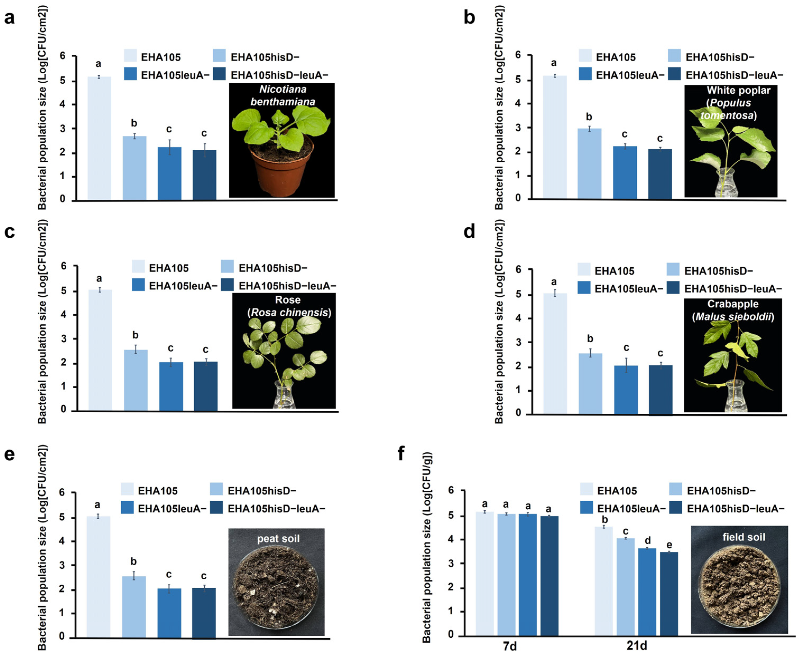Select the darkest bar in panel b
660,174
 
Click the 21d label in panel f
636,646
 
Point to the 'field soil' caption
743,537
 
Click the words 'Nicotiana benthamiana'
283,95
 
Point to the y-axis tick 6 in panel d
519,269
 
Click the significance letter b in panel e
133,561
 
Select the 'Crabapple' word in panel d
733,304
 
